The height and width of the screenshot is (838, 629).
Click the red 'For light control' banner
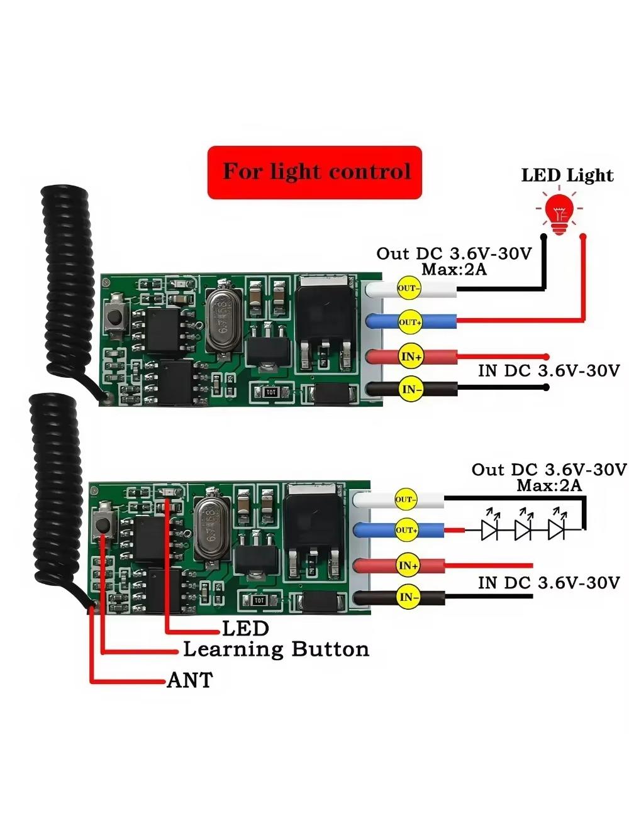click(x=314, y=172)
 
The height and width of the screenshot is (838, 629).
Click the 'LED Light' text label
click(x=567, y=175)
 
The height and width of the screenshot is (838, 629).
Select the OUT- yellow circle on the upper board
click(x=409, y=288)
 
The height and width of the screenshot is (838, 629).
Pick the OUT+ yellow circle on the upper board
click(x=410, y=323)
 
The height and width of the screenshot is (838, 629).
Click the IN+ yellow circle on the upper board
click(x=411, y=356)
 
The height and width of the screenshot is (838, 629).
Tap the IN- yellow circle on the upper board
click(x=411, y=389)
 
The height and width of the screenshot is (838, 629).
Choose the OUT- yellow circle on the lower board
click(x=406, y=499)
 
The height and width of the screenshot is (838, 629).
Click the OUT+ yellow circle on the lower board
click(x=406, y=530)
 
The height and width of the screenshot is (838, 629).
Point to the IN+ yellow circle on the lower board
click(x=408, y=565)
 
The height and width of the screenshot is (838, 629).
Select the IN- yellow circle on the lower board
click(x=408, y=597)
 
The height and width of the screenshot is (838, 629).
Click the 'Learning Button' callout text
click(x=276, y=649)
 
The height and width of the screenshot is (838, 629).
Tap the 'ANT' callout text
click(x=190, y=680)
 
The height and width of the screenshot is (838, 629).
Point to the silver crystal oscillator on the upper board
click(x=223, y=316)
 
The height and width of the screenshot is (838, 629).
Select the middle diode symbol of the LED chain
click(x=523, y=529)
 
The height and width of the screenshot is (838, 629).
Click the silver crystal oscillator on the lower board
click(x=211, y=528)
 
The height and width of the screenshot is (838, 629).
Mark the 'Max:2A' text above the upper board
click(x=454, y=270)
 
